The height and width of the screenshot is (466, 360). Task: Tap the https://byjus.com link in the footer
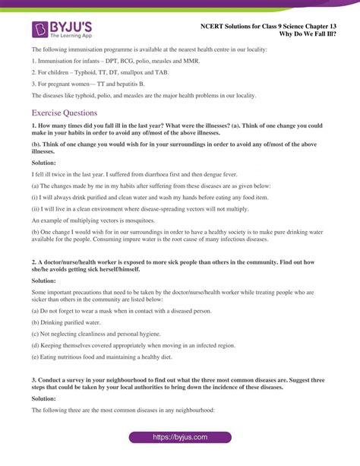[x=179, y=438]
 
